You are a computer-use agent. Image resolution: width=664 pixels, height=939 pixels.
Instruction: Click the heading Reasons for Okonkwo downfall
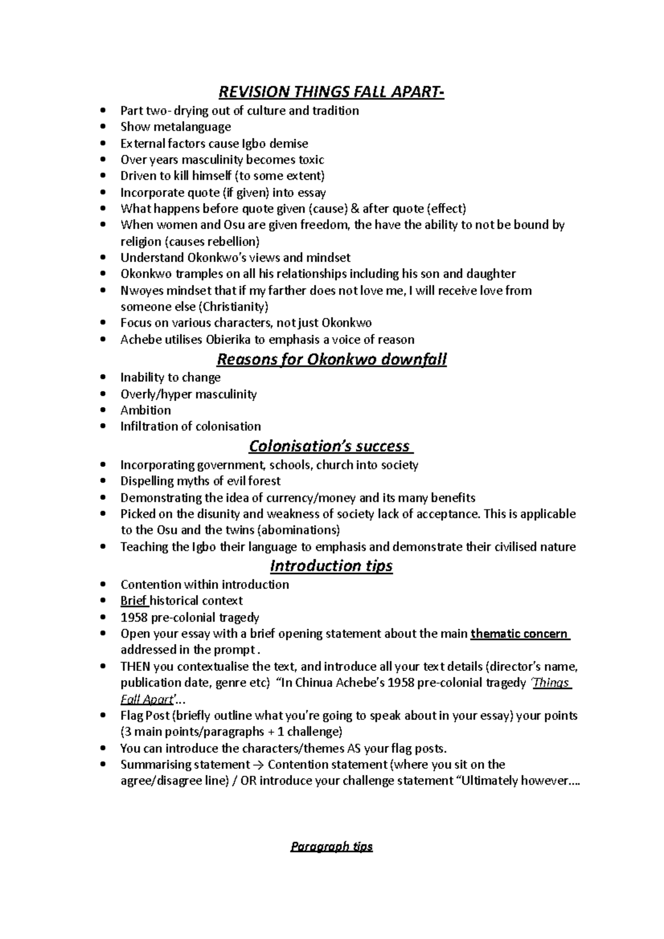[x=331, y=359]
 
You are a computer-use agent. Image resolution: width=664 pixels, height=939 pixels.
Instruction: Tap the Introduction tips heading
[x=331, y=566]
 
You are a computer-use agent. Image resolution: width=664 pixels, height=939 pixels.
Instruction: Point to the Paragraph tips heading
[x=331, y=847]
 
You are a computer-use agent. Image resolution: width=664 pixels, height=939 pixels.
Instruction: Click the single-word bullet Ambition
[x=146, y=410]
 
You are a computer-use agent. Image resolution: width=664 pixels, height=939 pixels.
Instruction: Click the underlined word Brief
[x=133, y=601]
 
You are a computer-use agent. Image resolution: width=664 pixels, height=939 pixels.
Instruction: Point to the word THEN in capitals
[x=135, y=666]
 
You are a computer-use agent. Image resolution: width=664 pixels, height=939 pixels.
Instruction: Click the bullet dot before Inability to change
[x=103, y=378]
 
